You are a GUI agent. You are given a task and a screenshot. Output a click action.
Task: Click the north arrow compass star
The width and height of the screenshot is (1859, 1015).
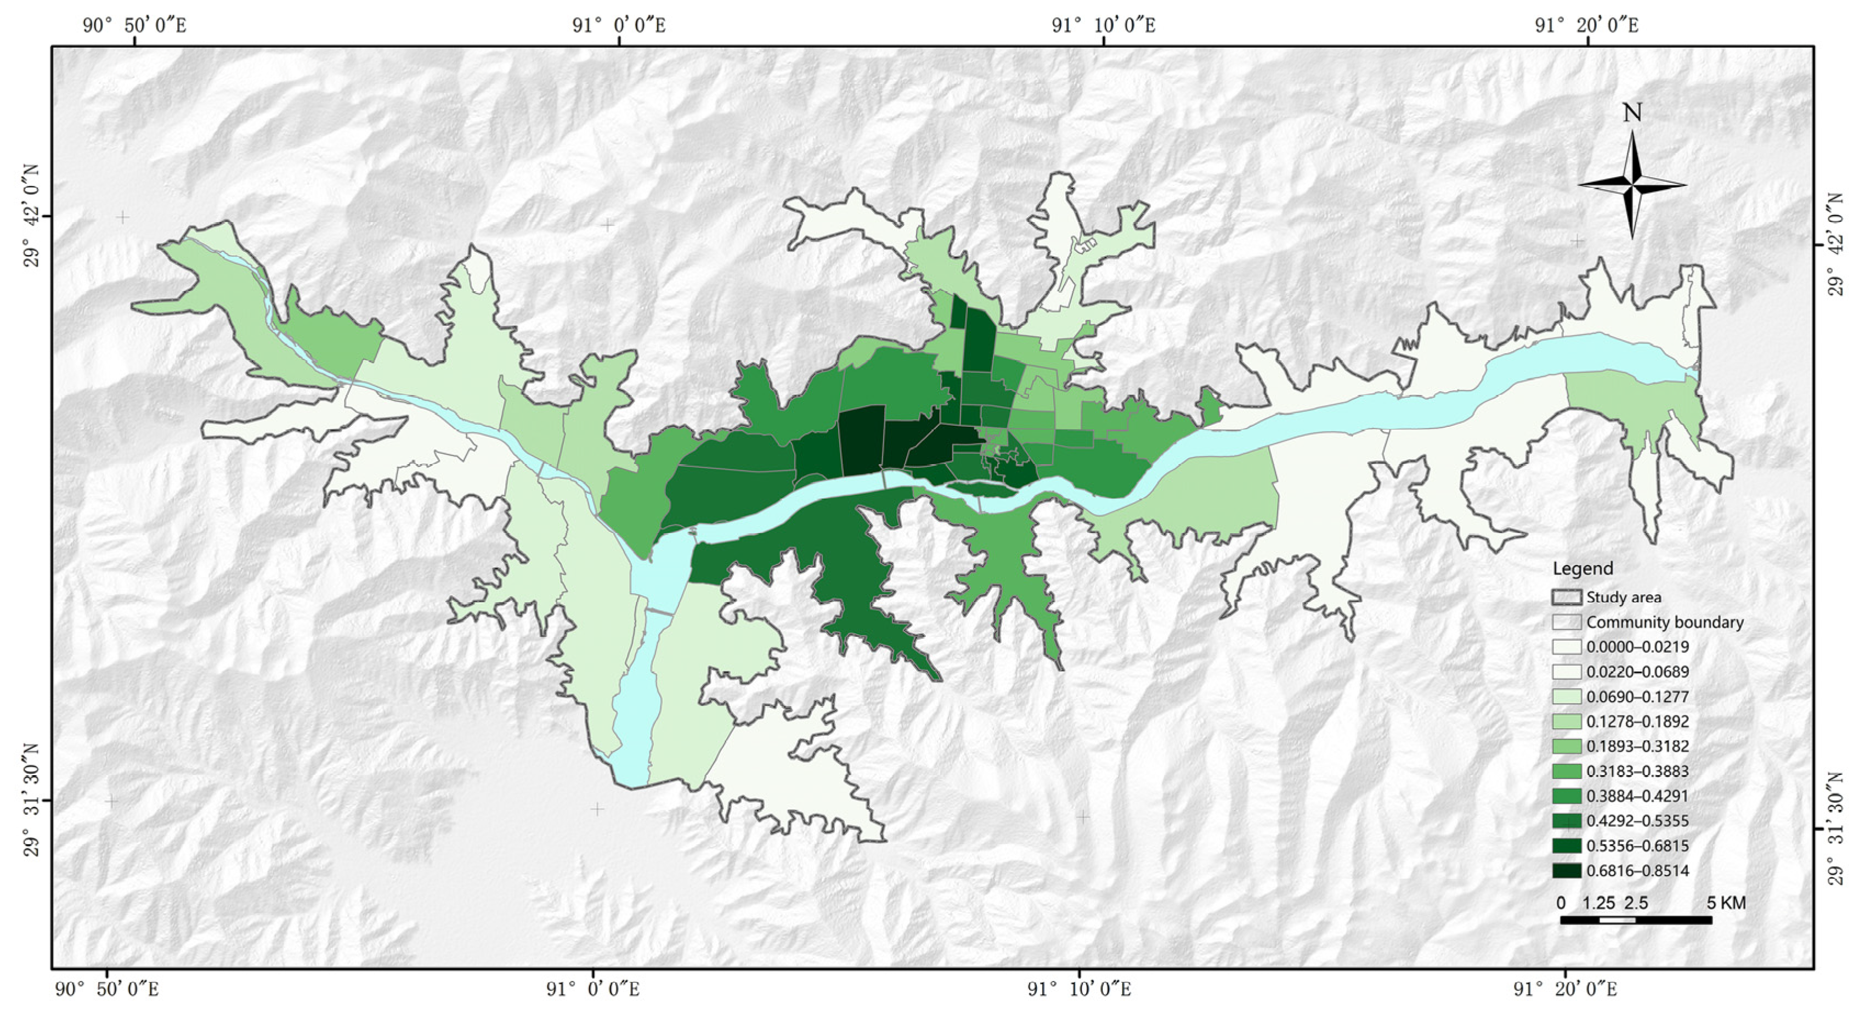click(1632, 185)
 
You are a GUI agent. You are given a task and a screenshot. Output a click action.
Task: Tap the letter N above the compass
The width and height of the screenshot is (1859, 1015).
click(1632, 114)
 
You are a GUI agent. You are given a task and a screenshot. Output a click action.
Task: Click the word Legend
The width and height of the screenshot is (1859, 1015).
click(1583, 569)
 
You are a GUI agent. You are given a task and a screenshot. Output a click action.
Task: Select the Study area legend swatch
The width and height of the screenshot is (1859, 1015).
click(1567, 597)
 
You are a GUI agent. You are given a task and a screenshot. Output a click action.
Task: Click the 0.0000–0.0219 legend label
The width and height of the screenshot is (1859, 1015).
click(1637, 647)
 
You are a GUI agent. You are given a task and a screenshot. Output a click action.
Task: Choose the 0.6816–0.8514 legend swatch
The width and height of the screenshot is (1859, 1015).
click(1567, 871)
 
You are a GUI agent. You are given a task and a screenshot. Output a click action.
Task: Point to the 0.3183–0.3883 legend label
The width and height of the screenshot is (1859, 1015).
click(1637, 771)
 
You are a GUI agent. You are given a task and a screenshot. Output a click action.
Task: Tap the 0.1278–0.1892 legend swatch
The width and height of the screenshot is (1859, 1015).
click(1567, 721)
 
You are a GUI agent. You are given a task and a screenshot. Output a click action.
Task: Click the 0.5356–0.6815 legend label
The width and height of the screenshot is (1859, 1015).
click(1637, 845)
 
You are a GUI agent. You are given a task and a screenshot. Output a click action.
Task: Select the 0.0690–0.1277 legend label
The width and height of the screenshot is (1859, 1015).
click(1637, 697)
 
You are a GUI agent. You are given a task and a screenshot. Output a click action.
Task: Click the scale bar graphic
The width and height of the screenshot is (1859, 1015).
click(1635, 920)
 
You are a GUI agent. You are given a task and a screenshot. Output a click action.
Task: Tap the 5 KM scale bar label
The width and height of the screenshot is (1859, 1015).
click(1726, 903)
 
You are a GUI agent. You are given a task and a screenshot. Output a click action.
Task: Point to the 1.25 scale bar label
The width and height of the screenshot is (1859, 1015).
click(1598, 903)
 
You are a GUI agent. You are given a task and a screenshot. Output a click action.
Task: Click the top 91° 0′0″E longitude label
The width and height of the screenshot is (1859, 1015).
click(618, 26)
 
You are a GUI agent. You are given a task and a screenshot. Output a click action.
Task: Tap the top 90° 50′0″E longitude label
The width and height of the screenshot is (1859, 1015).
click(134, 26)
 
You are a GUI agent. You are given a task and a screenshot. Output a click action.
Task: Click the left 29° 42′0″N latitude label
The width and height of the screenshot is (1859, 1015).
click(32, 216)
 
